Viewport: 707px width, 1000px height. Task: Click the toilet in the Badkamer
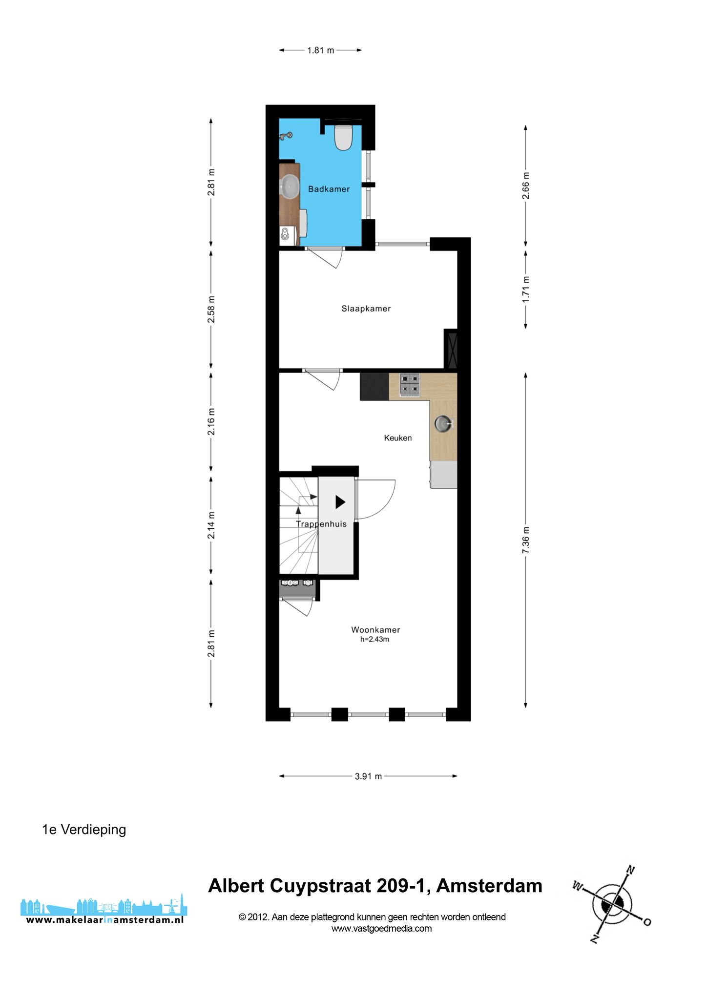point(343,137)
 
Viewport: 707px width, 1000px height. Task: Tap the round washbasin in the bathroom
point(290,187)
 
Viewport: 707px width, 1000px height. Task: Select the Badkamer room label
point(329,189)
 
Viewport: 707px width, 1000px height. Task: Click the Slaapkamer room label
point(366,309)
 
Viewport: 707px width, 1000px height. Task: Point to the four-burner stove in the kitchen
point(410,385)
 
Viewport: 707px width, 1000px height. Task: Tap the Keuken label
point(398,438)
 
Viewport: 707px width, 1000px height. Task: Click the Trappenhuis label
point(321,524)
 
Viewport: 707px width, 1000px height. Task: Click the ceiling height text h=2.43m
point(375,639)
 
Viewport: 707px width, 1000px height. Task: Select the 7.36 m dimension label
point(526,540)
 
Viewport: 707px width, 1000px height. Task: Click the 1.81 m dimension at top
point(320,50)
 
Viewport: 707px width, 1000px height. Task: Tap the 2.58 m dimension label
point(211,310)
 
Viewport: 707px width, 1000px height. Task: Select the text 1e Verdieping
point(84,830)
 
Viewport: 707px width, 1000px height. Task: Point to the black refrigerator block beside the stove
point(374,387)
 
